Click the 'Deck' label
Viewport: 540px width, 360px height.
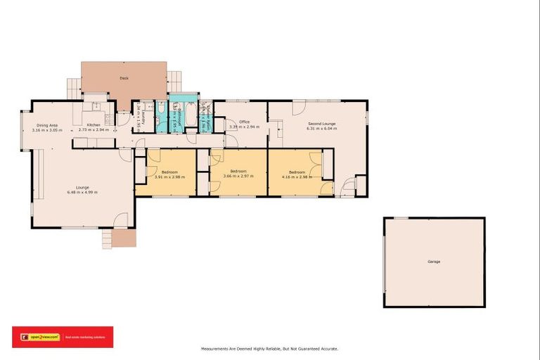point(124,78)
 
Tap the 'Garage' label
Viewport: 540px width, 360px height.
point(434,262)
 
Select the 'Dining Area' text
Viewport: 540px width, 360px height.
point(47,125)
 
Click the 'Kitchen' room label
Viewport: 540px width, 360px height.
point(94,125)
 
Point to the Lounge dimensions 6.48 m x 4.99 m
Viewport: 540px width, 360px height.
point(82,192)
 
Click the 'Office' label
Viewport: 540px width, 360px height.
point(244,122)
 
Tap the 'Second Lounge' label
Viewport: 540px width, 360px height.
point(321,124)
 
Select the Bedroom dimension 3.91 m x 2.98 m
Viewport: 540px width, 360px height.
point(169,177)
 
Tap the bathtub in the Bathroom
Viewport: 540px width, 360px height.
point(161,117)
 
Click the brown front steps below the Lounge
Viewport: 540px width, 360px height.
point(124,239)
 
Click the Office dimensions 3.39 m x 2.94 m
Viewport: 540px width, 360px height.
point(244,127)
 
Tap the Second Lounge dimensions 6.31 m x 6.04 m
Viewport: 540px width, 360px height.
point(321,129)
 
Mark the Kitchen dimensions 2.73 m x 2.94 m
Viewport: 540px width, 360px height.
point(94,130)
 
